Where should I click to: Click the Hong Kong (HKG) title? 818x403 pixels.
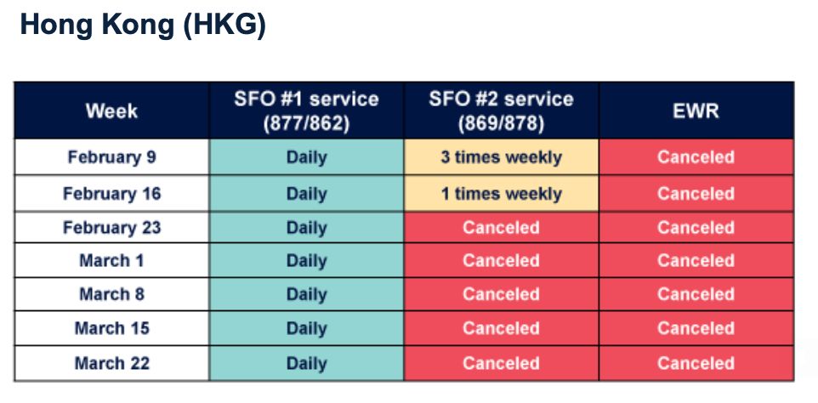click(x=143, y=25)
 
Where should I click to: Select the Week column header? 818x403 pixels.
click(x=111, y=111)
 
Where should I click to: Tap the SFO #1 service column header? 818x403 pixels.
click(x=306, y=111)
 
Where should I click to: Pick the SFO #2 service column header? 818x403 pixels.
click(x=501, y=111)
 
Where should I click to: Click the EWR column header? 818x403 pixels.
click(x=696, y=111)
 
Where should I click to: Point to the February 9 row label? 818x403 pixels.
click(x=111, y=157)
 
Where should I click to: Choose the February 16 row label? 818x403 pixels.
click(x=111, y=193)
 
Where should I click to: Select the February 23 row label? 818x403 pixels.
click(x=111, y=227)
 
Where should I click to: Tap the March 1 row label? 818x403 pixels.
click(x=111, y=260)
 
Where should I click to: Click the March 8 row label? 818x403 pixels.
click(x=111, y=294)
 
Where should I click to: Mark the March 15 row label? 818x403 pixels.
click(x=111, y=328)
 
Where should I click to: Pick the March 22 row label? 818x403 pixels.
click(x=111, y=363)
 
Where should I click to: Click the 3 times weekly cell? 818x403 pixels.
click(x=501, y=157)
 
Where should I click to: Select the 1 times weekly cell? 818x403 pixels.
click(x=501, y=193)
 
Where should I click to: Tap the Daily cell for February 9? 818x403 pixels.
click(x=306, y=157)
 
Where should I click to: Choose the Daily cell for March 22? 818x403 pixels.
click(x=306, y=363)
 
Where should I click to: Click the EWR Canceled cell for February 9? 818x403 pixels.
click(x=696, y=157)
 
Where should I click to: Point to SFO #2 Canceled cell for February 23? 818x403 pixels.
click(x=501, y=227)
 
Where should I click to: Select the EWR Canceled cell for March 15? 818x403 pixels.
click(x=696, y=328)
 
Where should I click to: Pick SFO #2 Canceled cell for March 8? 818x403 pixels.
click(x=501, y=294)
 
